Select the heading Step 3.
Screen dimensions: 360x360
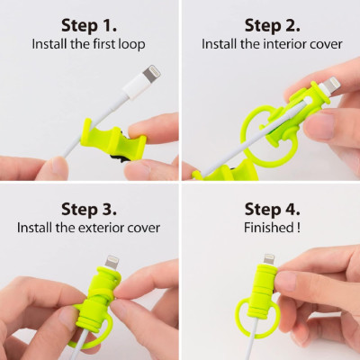point(87,209)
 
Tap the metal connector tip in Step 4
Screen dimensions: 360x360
point(269,257)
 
